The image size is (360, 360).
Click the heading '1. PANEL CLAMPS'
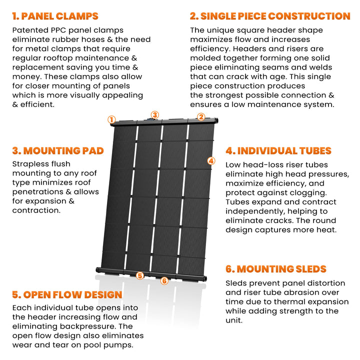[x=55, y=16]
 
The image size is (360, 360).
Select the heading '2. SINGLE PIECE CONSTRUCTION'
[x=270, y=16]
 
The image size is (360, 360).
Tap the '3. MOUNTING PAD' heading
[x=58, y=150]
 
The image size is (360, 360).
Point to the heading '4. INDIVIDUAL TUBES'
[x=278, y=150]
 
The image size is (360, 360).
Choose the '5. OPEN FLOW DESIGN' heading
[x=67, y=294]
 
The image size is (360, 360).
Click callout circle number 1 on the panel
[x=111, y=119]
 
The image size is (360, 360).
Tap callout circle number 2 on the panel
[x=201, y=117]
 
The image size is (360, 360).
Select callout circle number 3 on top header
[x=155, y=114]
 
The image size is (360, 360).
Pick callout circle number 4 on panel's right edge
[x=211, y=161]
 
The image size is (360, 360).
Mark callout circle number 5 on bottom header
[x=140, y=275]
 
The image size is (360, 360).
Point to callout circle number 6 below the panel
[x=164, y=280]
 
